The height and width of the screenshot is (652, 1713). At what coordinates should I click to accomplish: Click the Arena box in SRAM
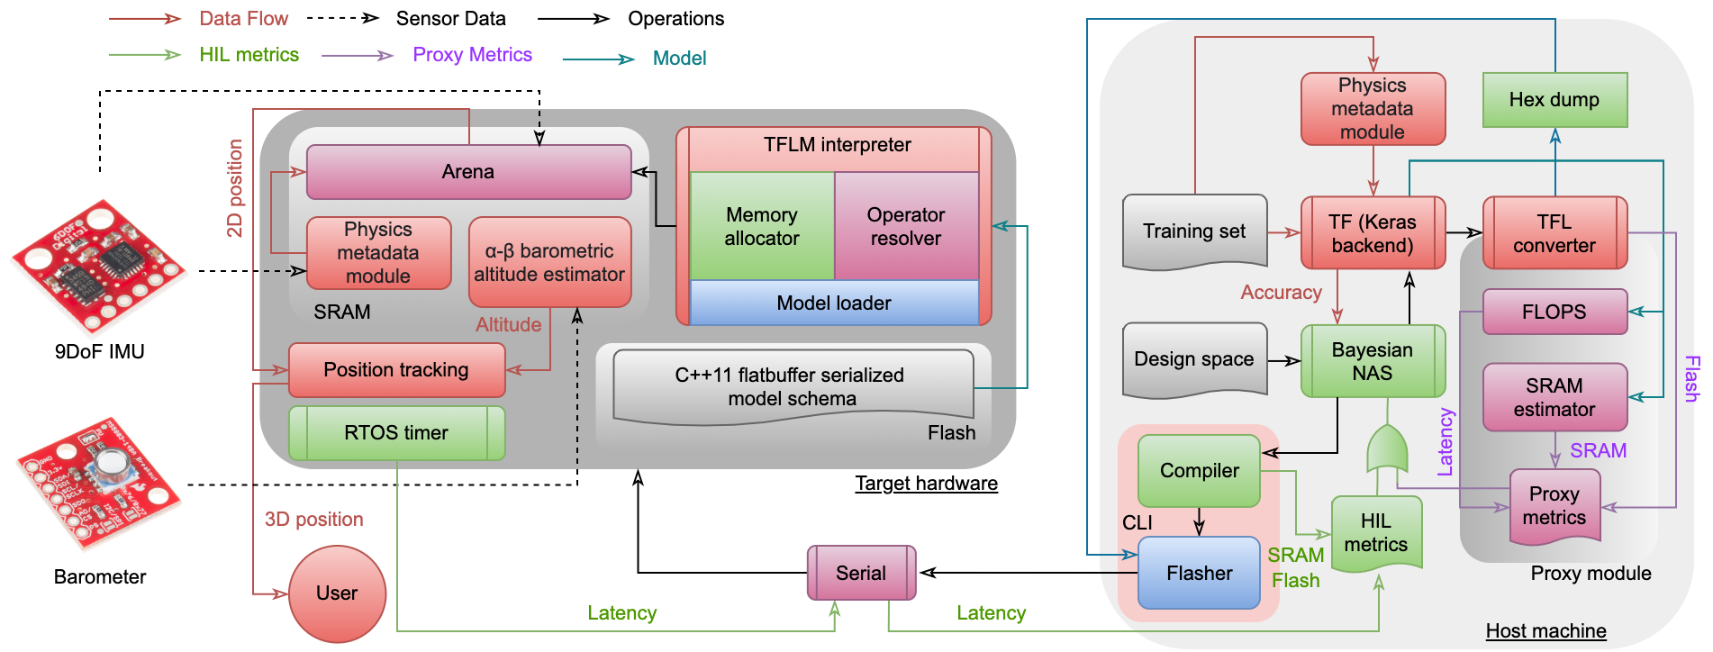coord(468,172)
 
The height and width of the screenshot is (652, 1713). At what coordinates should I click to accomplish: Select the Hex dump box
coord(1554,100)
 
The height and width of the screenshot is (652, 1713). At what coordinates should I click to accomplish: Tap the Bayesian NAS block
coord(1373,361)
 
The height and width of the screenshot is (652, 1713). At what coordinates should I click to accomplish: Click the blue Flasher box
coord(1199,573)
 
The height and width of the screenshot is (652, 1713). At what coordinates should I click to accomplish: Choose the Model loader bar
coord(834,303)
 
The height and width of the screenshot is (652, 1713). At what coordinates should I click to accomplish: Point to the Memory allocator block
coord(762,226)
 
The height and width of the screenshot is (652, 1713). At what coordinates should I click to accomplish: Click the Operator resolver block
coord(906,226)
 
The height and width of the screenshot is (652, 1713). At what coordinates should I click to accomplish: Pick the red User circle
coord(337,593)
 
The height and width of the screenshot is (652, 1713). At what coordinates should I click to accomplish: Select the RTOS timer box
coord(396,433)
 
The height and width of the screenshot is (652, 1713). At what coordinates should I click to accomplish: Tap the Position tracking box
coord(396,370)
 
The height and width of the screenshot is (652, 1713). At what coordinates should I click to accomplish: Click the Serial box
coord(861,573)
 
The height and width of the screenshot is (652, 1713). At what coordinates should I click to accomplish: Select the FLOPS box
coord(1554,312)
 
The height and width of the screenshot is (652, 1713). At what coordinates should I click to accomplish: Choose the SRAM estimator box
coord(1554,397)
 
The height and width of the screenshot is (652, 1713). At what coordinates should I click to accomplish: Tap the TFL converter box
coord(1554,233)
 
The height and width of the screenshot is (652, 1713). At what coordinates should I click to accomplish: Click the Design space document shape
coord(1194,359)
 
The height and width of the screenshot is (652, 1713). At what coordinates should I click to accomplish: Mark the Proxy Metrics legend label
coord(472,55)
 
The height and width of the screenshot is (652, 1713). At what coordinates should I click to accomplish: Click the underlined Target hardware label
coord(926,484)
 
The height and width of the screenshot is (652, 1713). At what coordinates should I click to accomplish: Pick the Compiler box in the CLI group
coord(1199,470)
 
